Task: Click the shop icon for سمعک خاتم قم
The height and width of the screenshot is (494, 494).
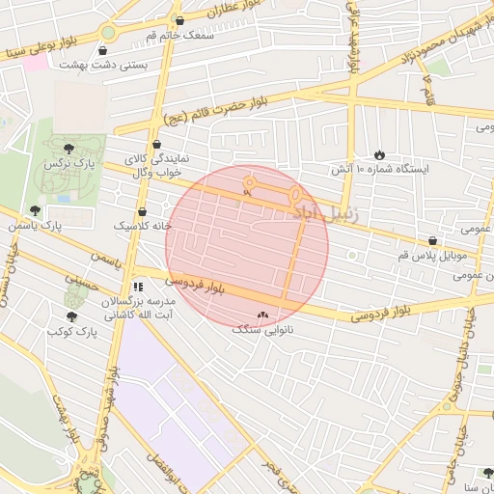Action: pos(179,20)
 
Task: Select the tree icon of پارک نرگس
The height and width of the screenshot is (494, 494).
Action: pos(68,149)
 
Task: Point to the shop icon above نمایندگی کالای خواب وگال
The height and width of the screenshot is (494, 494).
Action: pos(156,144)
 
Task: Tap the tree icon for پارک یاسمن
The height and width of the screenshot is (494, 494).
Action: pos(36,210)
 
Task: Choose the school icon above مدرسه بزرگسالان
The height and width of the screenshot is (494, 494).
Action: pos(138,287)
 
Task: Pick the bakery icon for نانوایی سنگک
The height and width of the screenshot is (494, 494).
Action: pos(263,316)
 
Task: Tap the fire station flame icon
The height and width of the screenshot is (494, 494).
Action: pos(379,154)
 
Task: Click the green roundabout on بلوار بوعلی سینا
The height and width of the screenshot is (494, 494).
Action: pos(108,33)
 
